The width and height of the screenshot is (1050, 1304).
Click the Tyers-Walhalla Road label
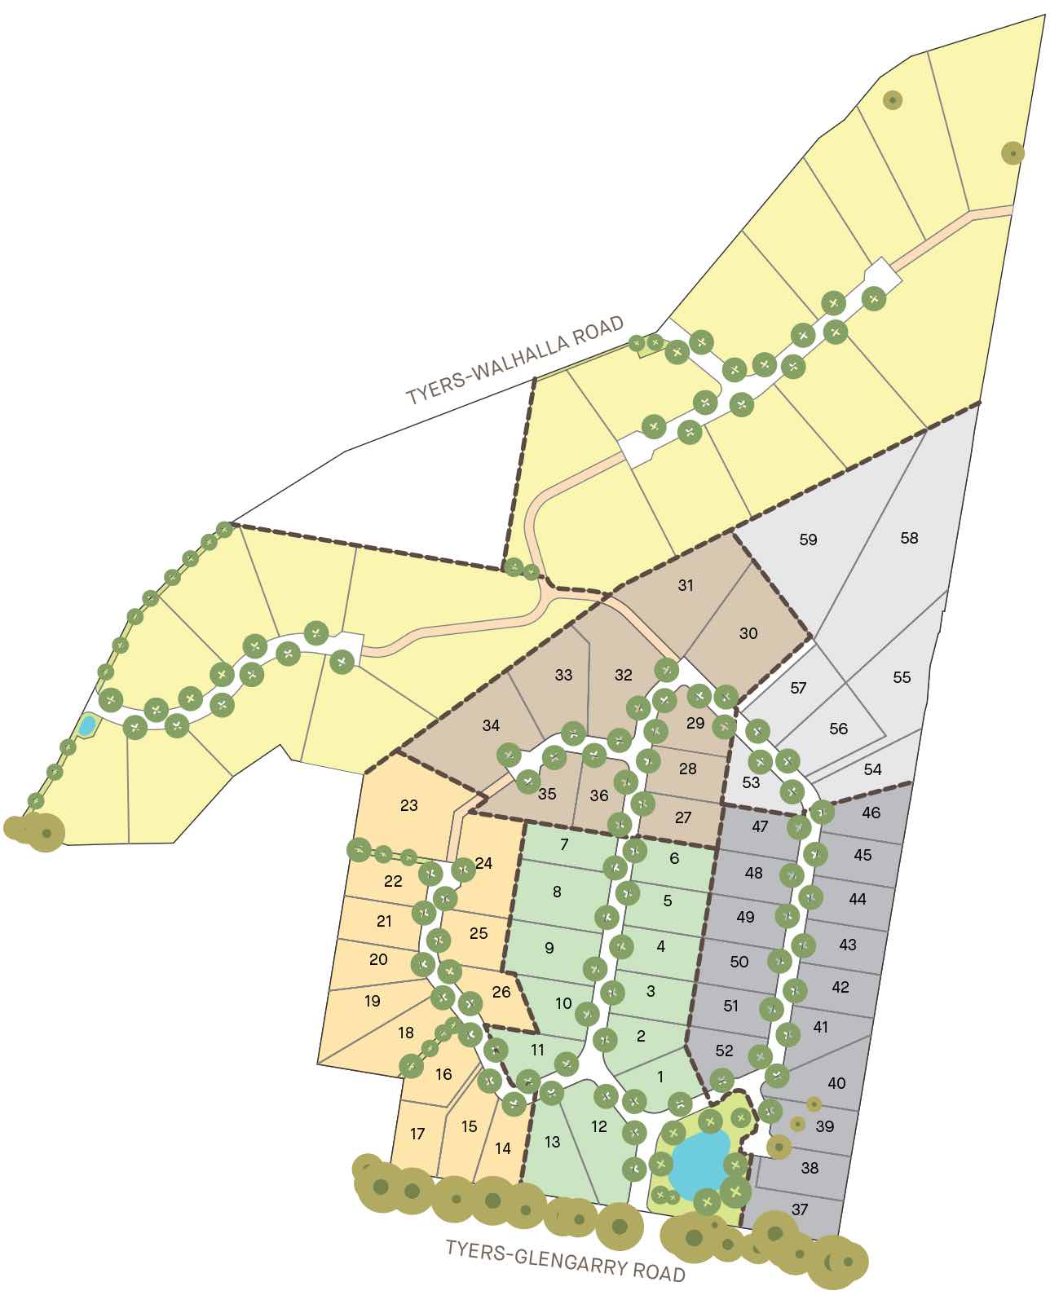(515, 359)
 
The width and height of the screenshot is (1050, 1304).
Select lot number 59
(808, 540)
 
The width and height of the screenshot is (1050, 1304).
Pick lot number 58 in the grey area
(909, 538)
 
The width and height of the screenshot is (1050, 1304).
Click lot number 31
(686, 585)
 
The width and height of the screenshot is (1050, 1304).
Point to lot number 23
(409, 805)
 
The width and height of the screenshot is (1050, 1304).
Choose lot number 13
(553, 1142)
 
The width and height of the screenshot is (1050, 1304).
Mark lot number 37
(800, 1209)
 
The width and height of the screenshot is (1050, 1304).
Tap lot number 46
(871, 813)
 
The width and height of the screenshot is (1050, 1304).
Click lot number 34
(491, 725)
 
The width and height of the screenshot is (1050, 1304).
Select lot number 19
(373, 1001)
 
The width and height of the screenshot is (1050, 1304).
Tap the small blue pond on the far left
(86, 725)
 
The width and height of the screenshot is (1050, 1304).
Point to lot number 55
(902, 677)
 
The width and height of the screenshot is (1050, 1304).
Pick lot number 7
(564, 844)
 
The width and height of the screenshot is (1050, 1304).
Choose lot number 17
(418, 1134)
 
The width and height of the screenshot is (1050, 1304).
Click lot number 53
(752, 782)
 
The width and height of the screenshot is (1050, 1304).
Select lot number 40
(836, 1083)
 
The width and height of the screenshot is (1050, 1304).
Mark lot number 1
(660, 1077)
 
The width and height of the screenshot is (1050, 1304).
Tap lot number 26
(501, 992)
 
